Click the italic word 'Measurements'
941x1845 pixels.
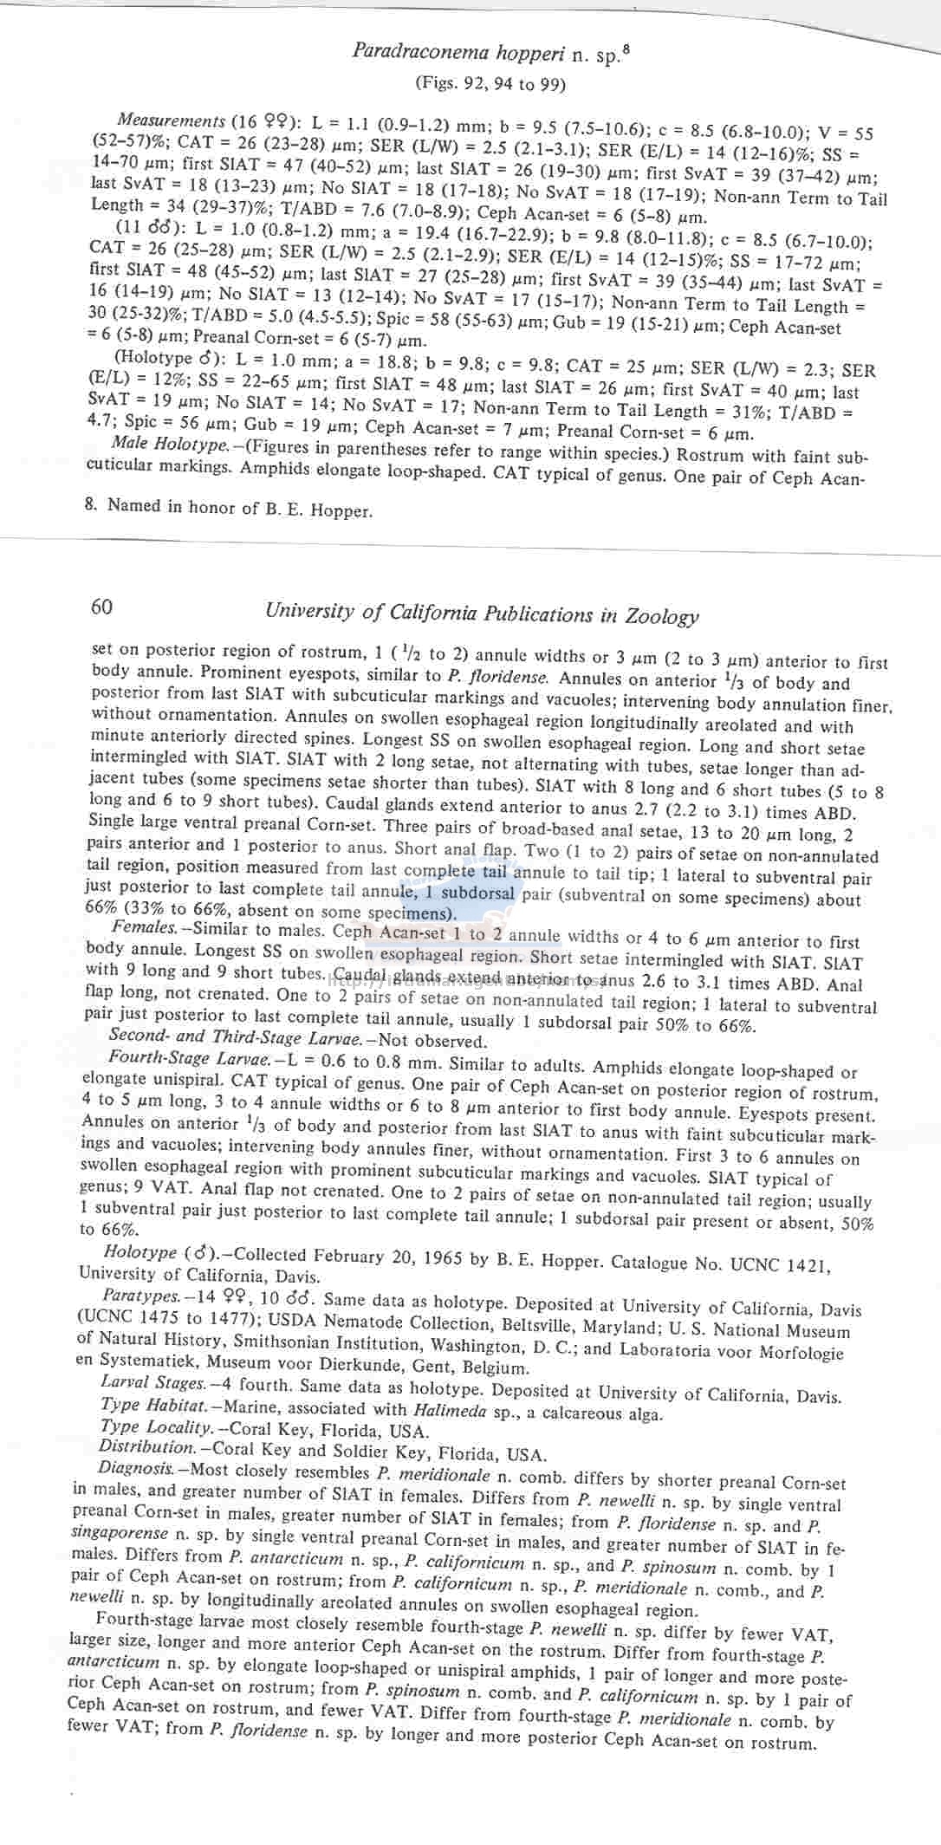pos(172,120)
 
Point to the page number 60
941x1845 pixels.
pos(101,607)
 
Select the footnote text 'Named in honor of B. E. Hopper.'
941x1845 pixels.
pos(239,508)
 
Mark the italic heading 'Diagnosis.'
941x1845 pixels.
pos(138,1468)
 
